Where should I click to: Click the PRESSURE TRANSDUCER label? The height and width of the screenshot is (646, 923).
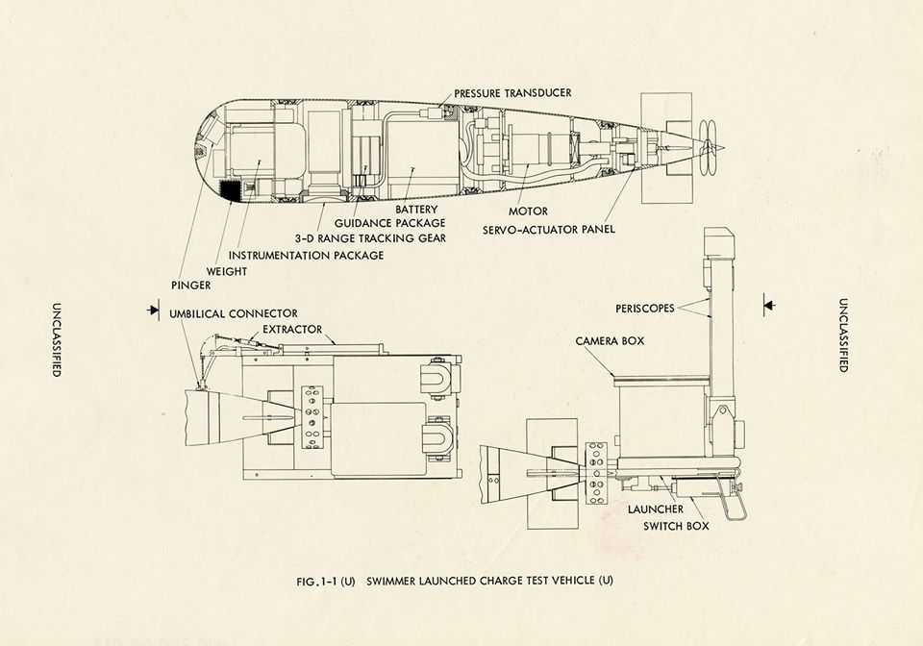coord(513,93)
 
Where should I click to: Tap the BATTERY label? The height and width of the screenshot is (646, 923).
coord(416,210)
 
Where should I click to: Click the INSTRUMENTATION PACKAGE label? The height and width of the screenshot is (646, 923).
coord(307,255)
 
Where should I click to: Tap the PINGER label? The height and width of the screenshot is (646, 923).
coord(190,286)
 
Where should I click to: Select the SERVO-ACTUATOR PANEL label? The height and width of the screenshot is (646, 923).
coord(551,229)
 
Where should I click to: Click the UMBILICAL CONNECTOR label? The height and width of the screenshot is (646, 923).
coord(234,313)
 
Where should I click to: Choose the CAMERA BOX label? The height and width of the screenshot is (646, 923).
coord(609,341)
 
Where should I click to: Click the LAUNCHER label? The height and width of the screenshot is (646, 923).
coord(656,508)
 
